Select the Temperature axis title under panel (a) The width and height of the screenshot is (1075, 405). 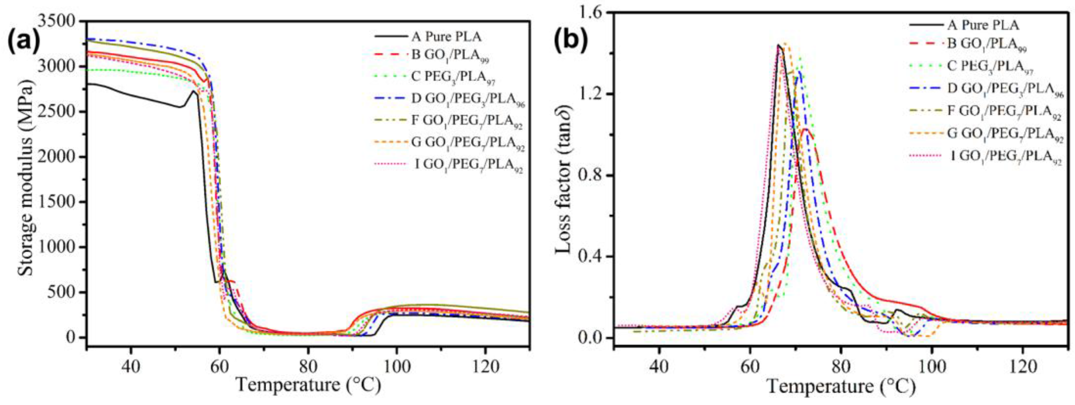(308, 384)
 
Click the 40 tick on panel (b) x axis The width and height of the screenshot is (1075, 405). (659, 368)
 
